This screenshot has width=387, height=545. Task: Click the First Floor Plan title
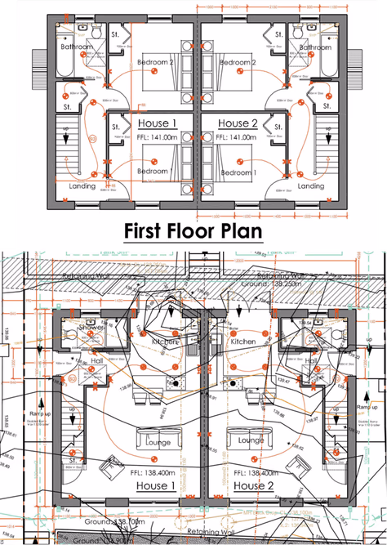coord(193,230)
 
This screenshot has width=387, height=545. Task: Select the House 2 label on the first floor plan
coord(238,122)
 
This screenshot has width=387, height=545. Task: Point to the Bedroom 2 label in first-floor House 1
coord(155,62)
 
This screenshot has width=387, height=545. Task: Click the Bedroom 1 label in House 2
coord(238,172)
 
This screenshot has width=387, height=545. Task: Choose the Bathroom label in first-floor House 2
coord(315,47)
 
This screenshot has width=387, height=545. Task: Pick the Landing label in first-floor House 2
coord(310,186)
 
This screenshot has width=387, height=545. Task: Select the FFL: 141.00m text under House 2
coord(238,138)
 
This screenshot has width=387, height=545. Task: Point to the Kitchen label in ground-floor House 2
coord(242,342)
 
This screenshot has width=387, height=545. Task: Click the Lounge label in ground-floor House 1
coord(158,442)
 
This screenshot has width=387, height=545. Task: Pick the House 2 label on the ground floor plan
coord(253,486)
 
